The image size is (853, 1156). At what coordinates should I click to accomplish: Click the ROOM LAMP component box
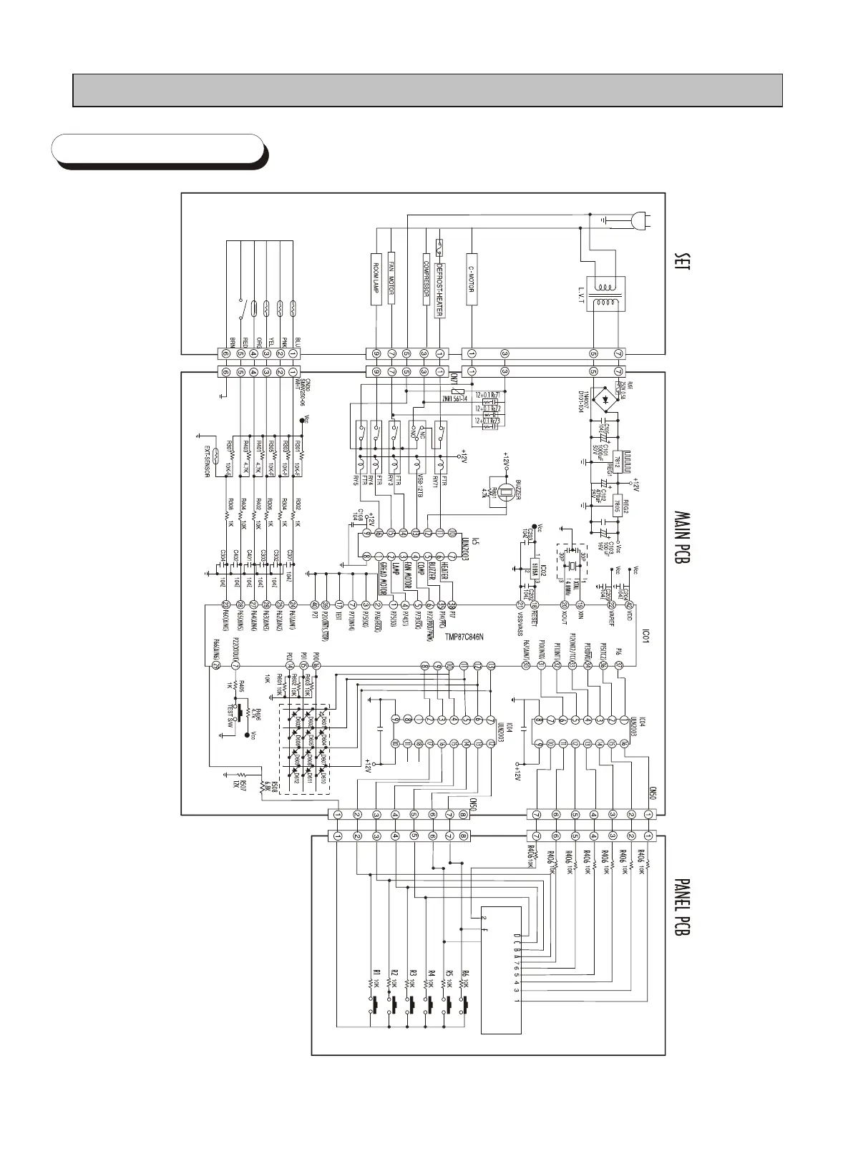click(376, 278)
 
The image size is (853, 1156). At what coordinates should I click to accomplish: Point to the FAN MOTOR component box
click(392, 278)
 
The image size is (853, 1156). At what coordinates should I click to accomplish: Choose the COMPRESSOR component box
click(426, 278)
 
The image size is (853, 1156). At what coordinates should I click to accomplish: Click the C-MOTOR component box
click(472, 278)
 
